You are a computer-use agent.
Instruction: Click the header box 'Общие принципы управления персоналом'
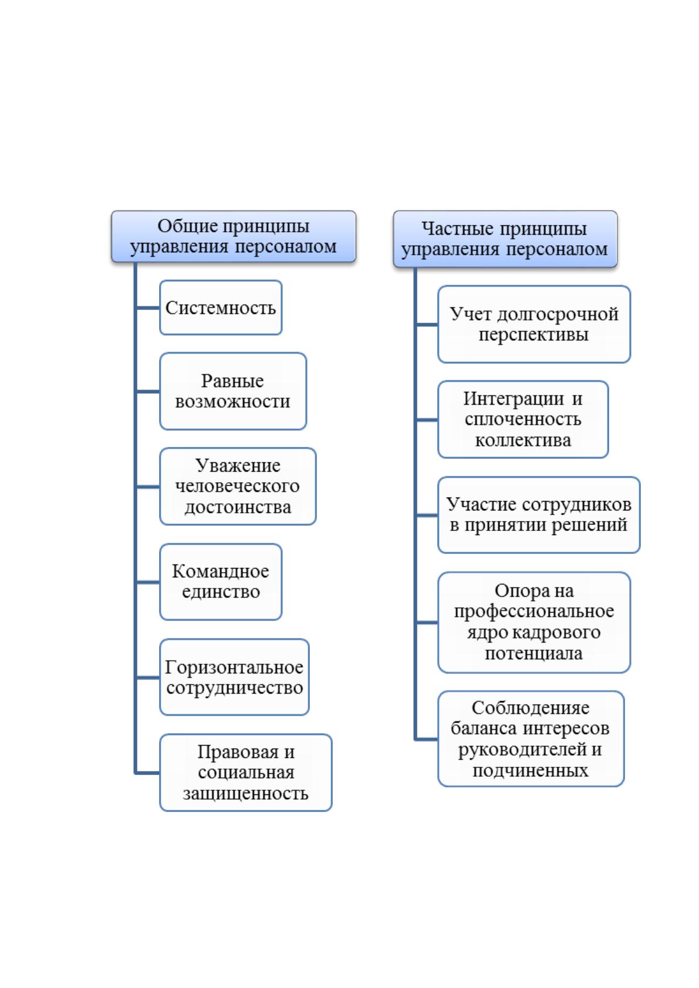234,236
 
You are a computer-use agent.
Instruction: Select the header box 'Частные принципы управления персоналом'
505,239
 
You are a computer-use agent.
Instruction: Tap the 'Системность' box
221,307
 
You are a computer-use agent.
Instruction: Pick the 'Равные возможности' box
233,391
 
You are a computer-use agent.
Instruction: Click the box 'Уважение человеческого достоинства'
238,486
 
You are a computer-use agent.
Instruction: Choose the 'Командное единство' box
221,582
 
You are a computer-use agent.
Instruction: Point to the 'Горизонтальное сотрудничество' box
234,677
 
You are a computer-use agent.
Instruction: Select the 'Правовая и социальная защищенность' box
246,772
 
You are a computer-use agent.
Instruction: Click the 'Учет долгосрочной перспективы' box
534,324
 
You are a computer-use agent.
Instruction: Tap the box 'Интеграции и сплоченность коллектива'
523,419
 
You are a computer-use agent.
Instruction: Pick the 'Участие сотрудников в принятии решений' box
539,515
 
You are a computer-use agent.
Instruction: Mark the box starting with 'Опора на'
534,622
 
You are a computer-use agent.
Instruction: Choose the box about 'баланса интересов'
531,739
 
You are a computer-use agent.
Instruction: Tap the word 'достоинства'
238,507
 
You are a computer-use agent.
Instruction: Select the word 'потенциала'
534,653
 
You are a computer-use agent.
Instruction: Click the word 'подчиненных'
531,770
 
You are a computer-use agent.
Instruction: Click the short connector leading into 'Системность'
148,307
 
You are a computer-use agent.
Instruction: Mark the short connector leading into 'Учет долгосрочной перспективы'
427,324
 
